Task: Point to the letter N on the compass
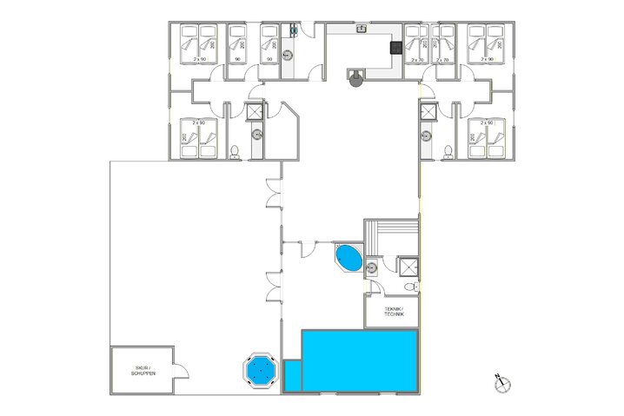point(498,377)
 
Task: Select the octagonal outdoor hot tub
point(258,372)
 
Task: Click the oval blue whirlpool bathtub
point(349,258)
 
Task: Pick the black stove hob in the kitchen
point(395,49)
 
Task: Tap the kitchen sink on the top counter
point(361,29)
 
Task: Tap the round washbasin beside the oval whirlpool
point(371,267)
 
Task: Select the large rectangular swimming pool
point(360,360)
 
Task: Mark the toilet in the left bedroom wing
point(236,153)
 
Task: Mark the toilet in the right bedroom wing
point(447,153)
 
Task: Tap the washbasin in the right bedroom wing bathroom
point(428,135)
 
